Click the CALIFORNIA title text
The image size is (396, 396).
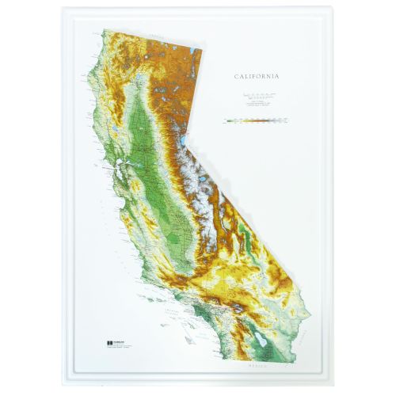click(x=256, y=77)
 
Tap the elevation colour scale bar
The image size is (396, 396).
click(x=256, y=122)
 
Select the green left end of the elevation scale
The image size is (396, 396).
click(x=227, y=122)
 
